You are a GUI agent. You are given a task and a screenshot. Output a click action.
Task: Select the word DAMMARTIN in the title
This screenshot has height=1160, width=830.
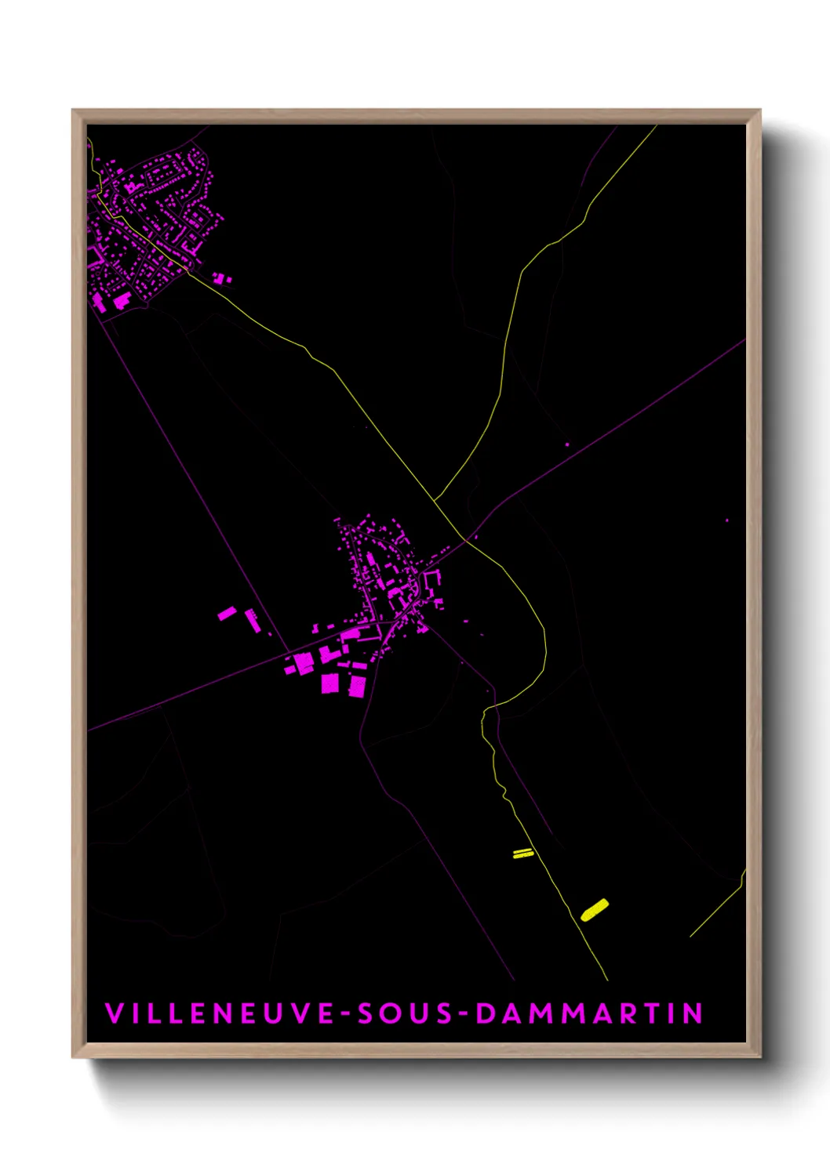(589, 1013)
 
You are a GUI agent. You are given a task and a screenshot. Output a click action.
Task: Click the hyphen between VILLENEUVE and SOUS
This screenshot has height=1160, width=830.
(346, 1013)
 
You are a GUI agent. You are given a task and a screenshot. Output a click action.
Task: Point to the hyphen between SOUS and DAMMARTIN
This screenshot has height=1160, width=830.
(464, 1013)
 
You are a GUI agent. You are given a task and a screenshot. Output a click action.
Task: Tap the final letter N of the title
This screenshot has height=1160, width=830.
(693, 1013)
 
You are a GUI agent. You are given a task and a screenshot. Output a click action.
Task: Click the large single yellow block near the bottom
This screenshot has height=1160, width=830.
(595, 910)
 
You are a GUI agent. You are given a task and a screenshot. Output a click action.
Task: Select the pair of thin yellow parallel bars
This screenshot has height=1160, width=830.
(523, 854)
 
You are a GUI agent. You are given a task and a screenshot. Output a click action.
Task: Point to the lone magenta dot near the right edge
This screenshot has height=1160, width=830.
(726, 520)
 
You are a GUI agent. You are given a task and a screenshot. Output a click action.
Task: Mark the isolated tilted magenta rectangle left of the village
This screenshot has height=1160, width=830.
(227, 613)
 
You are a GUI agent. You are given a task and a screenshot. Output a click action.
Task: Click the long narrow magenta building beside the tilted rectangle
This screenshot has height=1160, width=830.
(252, 620)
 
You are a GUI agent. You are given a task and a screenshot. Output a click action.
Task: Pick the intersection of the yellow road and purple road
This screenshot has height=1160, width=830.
(466, 539)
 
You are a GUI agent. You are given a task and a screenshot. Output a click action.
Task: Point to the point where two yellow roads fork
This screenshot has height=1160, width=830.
(435, 499)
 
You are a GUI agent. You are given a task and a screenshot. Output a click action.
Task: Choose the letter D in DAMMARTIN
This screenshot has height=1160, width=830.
(486, 1013)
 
